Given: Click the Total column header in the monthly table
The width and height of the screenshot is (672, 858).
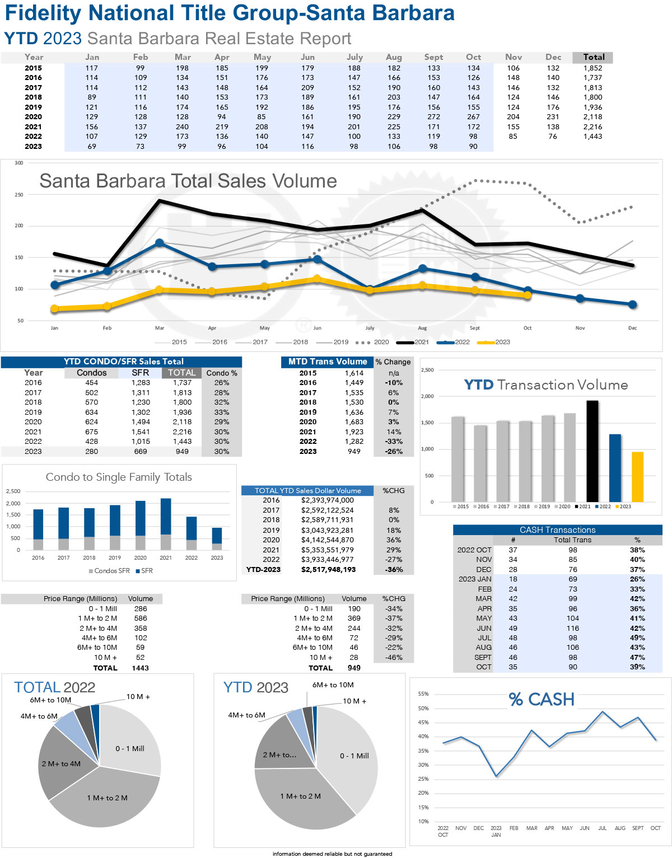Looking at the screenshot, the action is pyautogui.click(x=593, y=57).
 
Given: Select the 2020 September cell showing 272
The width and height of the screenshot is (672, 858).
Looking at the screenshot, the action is pyautogui.click(x=433, y=117).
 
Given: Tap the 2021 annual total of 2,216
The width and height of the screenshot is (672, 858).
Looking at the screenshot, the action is pyautogui.click(x=592, y=126).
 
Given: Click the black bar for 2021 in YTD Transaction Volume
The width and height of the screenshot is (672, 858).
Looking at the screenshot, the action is pyautogui.click(x=592, y=451).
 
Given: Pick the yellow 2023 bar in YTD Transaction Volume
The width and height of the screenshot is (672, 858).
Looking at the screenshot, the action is pyautogui.click(x=637, y=477).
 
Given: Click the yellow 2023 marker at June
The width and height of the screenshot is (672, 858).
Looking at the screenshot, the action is pyautogui.click(x=317, y=279).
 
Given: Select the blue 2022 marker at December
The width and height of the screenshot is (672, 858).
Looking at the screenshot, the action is pyautogui.click(x=632, y=304).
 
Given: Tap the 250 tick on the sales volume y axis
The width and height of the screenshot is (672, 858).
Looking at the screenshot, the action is pyautogui.click(x=19, y=195).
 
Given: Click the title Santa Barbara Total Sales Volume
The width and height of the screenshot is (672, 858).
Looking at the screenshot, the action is pyautogui.click(x=188, y=181).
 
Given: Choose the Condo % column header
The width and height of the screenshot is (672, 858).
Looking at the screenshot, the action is pyautogui.click(x=222, y=373).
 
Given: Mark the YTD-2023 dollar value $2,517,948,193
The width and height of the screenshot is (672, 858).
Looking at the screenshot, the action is pyautogui.click(x=328, y=569).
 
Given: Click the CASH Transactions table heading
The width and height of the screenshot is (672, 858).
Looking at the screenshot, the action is pyautogui.click(x=557, y=529).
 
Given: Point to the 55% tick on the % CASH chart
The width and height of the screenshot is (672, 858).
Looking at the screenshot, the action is pyautogui.click(x=423, y=694).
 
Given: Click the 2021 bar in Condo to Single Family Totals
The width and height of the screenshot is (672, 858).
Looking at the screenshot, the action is pyautogui.click(x=166, y=524).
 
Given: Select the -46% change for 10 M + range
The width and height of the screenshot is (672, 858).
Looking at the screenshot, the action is pyautogui.click(x=394, y=657).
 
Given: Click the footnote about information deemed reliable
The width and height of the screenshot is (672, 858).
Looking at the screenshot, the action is pyautogui.click(x=332, y=854).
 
